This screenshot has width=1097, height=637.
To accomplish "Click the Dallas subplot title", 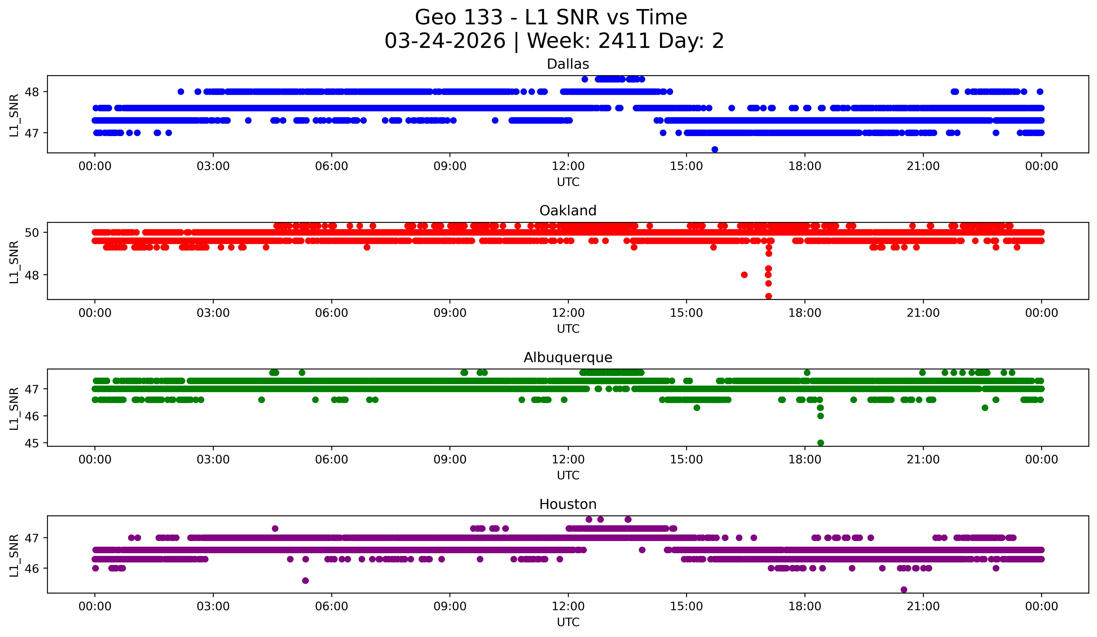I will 568,64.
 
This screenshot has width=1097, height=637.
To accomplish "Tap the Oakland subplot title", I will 568,211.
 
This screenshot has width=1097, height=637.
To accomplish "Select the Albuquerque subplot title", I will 568,357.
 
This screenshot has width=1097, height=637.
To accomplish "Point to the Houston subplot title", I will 568,504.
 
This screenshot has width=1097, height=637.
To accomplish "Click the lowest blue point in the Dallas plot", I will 714,149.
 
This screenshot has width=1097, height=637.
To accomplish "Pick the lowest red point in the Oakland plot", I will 768,296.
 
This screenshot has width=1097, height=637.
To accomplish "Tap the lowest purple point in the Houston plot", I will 904,590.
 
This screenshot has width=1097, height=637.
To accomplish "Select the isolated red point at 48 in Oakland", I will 744,275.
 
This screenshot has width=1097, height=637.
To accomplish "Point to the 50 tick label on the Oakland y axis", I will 32,232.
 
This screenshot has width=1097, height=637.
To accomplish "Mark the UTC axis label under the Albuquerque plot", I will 568,475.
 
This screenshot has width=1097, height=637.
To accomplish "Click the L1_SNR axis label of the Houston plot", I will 14,555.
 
